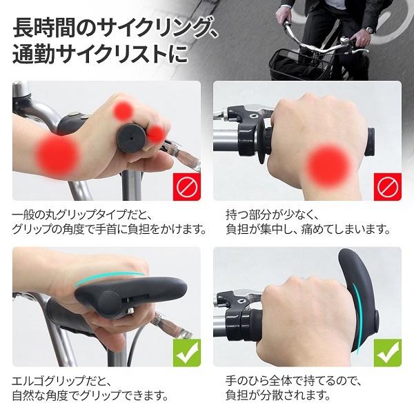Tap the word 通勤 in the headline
[34, 54]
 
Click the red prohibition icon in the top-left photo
[187, 187]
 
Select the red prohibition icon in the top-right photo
[388, 187]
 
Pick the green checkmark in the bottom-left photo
[187, 353]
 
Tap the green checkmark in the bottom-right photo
[388, 353]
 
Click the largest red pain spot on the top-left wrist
[57, 154]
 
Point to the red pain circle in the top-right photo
[329, 166]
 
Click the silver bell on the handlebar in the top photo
[344, 41]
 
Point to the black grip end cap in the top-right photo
[369, 141]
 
